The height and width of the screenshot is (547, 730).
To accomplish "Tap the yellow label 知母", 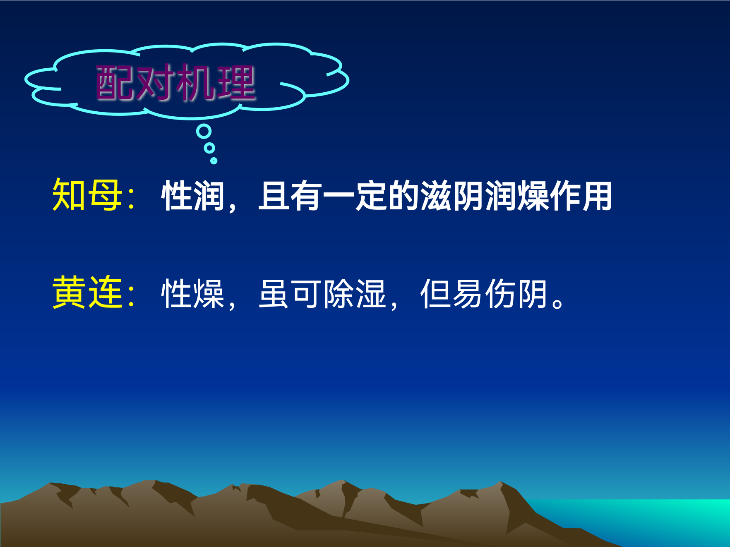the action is (x=87, y=195).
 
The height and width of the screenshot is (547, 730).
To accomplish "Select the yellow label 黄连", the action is (x=87, y=292).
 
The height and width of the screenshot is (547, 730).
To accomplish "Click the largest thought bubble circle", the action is (x=204, y=132).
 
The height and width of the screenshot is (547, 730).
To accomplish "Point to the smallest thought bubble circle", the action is (x=214, y=161).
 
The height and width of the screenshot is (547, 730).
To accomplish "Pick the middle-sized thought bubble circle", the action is (x=209, y=148).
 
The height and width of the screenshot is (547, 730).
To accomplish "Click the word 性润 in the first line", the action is (x=193, y=196).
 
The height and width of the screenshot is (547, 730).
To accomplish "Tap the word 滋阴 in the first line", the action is (x=452, y=196).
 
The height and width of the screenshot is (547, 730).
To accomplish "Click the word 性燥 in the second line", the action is (x=193, y=293).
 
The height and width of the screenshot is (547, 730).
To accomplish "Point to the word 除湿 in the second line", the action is (x=355, y=293).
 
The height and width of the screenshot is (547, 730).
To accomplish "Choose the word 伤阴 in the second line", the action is (x=516, y=293).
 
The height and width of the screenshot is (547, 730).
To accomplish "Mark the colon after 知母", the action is (x=132, y=198).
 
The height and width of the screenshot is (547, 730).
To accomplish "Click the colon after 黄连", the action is (x=132, y=295).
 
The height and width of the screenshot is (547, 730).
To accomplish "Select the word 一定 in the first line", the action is (x=355, y=196).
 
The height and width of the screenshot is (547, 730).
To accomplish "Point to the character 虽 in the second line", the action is (x=274, y=293).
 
